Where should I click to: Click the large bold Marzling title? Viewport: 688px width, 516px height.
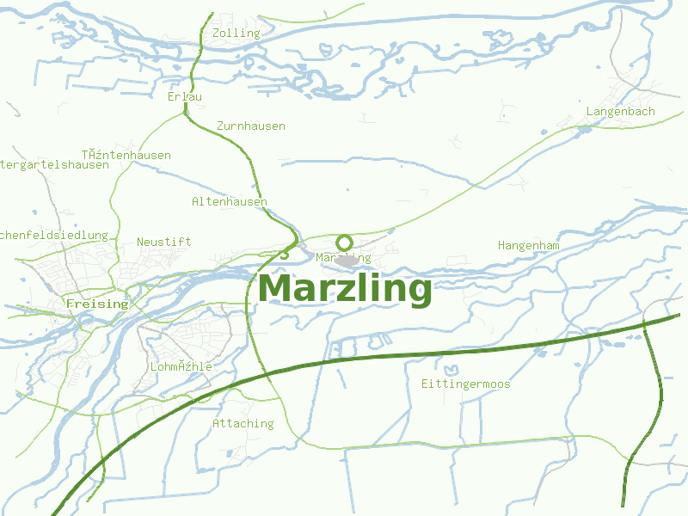click(345, 288)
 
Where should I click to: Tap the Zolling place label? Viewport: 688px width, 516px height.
click(236, 33)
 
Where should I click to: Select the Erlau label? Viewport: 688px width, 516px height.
click(185, 96)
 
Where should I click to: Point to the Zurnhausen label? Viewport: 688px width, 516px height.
click(251, 126)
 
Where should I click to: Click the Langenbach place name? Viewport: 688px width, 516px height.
click(620, 111)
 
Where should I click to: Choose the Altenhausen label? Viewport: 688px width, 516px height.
click(229, 201)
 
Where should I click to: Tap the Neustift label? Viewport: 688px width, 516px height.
click(164, 242)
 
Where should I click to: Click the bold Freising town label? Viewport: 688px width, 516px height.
click(97, 304)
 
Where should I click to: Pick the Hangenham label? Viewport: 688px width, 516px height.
click(528, 245)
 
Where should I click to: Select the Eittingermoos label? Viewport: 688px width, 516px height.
click(466, 384)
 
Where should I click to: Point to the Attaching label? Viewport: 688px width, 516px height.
click(243, 423)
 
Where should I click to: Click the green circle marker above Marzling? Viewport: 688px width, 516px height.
click(344, 242)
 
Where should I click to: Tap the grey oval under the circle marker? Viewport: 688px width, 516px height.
click(346, 260)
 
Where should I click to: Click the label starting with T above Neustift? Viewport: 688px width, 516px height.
click(126, 155)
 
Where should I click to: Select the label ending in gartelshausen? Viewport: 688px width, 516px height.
click(53, 164)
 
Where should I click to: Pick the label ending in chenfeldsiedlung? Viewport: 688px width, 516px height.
click(53, 235)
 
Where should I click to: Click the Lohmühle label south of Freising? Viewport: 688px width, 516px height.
click(181, 366)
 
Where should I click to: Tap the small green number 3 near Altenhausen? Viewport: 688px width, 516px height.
click(284, 255)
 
